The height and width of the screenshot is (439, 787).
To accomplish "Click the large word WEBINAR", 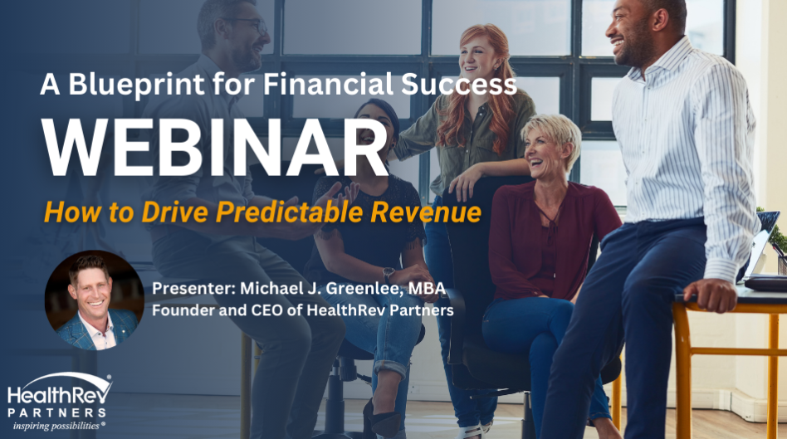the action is [x=215, y=147].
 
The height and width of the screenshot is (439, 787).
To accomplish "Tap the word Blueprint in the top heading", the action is [x=136, y=85].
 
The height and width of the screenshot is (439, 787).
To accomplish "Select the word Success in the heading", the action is [x=459, y=84].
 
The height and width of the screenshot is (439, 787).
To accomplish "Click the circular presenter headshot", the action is [x=95, y=300].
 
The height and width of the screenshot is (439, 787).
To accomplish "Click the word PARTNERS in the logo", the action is [x=56, y=412].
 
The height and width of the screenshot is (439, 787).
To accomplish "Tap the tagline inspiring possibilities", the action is [x=56, y=426].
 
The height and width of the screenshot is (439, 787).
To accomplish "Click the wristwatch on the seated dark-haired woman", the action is [x=388, y=275].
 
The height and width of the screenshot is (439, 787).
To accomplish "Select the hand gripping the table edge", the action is [x=709, y=295].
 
